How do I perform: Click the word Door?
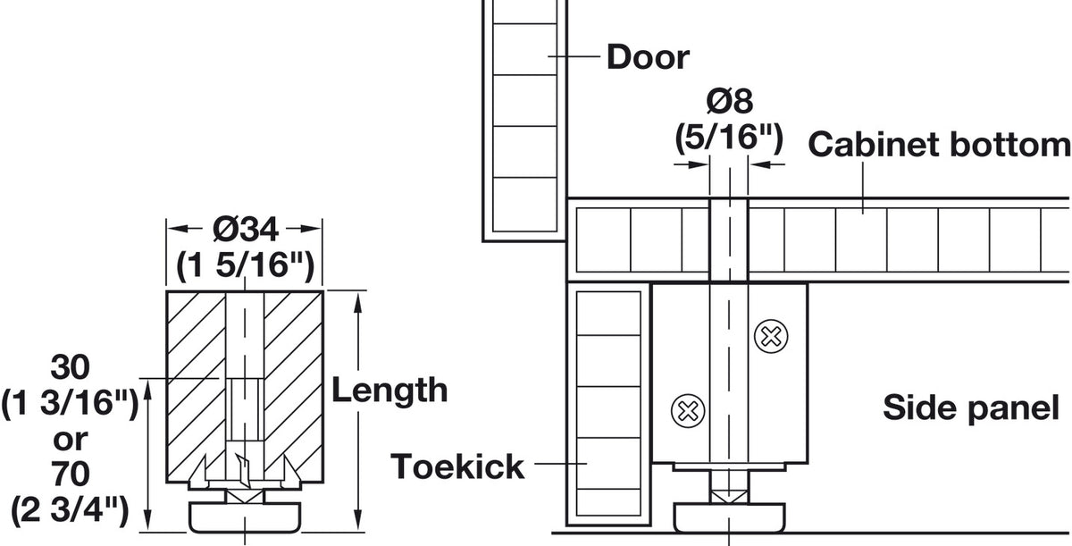[x=648, y=57]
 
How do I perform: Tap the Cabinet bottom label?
[x=940, y=144]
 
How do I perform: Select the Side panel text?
[x=971, y=407]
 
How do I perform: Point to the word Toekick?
[x=457, y=466]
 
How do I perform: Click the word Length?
[x=389, y=391]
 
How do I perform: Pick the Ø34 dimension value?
[x=246, y=230]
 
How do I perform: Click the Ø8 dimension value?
[x=729, y=101]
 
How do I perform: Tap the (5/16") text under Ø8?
[x=729, y=139]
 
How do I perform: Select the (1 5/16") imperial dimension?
[x=245, y=265]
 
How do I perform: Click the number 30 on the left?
[x=71, y=367]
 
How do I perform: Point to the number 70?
[x=71, y=474]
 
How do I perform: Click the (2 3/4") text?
[x=70, y=510]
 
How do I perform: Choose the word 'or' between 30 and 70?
[x=71, y=441]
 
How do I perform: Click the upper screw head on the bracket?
[x=770, y=336]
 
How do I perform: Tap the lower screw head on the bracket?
[x=688, y=411]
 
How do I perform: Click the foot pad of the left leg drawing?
[x=245, y=517]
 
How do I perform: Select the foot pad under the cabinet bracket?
[x=729, y=517]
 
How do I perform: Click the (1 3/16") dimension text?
[x=70, y=403]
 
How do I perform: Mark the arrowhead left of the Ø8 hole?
[x=699, y=164]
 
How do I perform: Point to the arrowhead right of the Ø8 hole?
[x=759, y=164]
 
